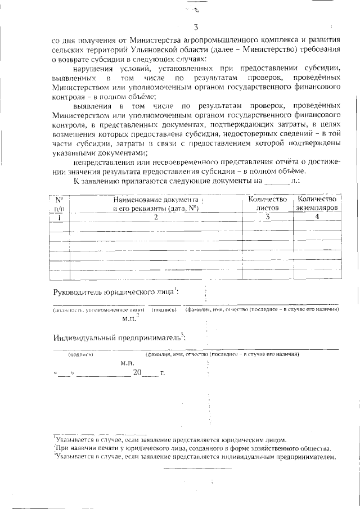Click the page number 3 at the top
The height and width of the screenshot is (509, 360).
[x=195, y=27]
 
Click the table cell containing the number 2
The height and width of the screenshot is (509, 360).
[x=156, y=217]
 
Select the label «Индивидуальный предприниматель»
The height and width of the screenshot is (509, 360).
[x=118, y=338]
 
